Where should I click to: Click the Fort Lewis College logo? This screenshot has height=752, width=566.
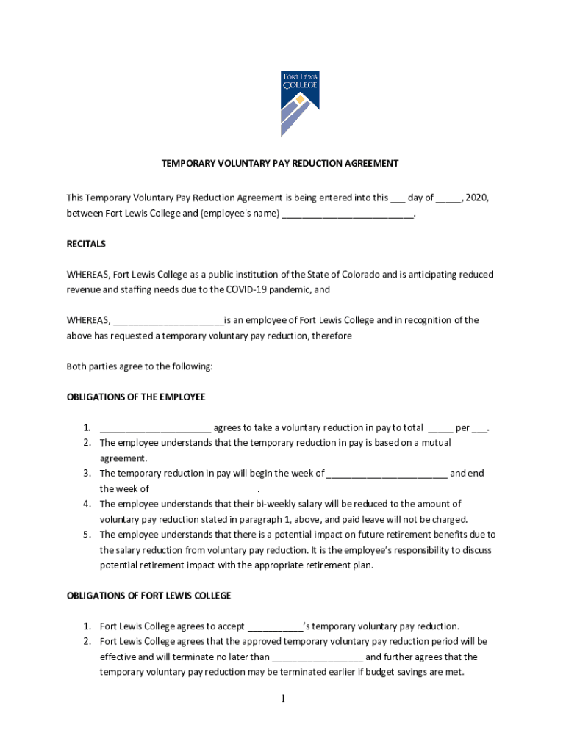click(300, 104)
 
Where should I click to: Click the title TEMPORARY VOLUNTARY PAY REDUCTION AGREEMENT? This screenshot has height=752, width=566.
click(280, 163)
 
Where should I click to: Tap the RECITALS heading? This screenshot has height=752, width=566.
click(86, 244)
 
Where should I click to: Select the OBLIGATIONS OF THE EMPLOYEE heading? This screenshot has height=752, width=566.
click(136, 397)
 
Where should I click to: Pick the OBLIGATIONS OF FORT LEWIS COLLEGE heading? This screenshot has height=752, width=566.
click(149, 596)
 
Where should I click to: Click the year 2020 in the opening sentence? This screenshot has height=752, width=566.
click(477, 198)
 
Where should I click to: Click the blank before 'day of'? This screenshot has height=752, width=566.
click(398, 198)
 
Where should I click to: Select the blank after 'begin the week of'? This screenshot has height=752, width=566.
click(387, 474)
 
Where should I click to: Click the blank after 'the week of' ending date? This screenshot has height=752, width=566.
click(205, 490)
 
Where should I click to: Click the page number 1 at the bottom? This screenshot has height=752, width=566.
click(282, 699)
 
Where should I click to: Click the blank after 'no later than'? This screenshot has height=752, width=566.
click(318, 658)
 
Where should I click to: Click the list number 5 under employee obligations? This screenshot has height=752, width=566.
click(86, 535)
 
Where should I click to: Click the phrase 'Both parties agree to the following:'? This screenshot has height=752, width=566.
click(140, 366)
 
